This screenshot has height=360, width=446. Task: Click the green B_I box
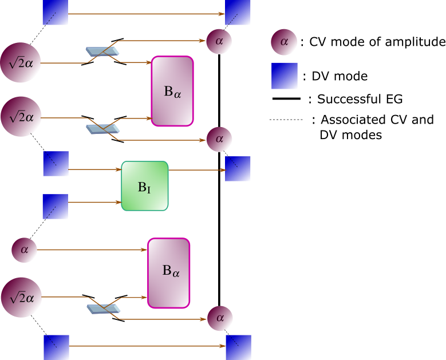(145, 186)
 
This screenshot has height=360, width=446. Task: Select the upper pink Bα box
(172, 91)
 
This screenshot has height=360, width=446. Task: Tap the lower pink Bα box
(169, 273)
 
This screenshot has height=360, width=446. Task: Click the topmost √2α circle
(21, 62)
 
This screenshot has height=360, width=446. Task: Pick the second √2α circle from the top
(21, 116)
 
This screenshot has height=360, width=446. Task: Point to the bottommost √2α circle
(21, 297)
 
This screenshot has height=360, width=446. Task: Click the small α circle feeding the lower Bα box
(24, 250)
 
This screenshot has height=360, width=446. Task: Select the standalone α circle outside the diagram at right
(284, 42)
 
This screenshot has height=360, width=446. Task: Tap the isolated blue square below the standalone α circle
(284, 76)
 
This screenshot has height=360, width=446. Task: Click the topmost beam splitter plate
(102, 52)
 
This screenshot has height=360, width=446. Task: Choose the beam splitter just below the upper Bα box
(103, 129)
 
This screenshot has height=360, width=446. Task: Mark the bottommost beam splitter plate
(104, 309)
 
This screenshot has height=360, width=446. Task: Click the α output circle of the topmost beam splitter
(219, 41)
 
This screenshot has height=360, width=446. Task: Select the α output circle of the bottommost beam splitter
(220, 319)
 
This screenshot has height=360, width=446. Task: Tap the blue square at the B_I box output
(238, 169)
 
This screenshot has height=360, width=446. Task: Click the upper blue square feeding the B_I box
(56, 164)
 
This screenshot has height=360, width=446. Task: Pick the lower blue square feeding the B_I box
(56, 207)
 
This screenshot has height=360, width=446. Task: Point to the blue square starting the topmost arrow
(56, 12)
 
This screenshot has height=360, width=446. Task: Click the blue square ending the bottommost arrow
(238, 347)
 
